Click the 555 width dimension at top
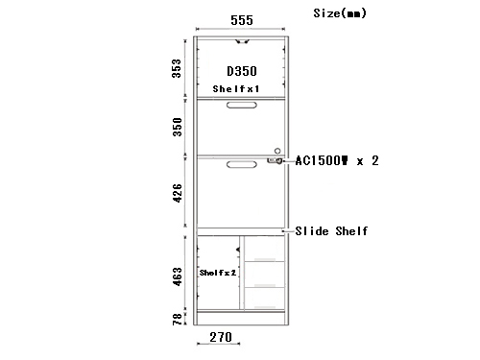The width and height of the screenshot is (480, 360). [x=242, y=20]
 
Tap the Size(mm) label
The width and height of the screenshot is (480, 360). [x=340, y=13]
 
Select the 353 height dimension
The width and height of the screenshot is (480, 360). [x=177, y=68]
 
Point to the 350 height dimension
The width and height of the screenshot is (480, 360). [x=177, y=127]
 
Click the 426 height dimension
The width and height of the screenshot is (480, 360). [x=177, y=193]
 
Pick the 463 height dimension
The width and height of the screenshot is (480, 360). [x=177, y=276]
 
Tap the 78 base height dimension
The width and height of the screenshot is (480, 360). [x=177, y=320]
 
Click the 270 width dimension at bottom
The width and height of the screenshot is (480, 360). [x=221, y=337]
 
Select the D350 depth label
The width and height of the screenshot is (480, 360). [x=242, y=71]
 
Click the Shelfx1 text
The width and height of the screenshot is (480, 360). [x=236, y=88]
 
